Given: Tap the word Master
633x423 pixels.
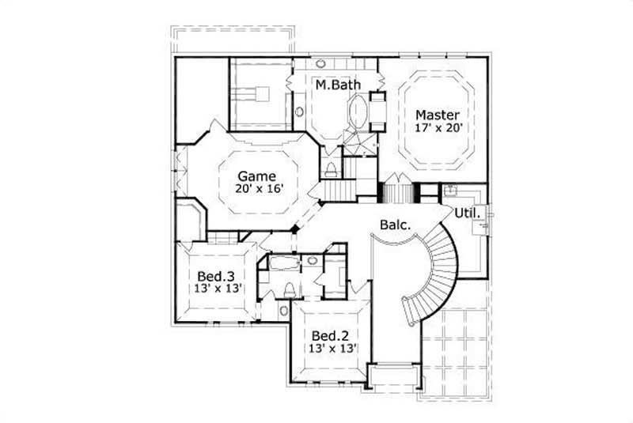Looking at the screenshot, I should click(438, 114).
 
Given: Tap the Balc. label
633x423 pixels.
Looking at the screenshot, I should click(395, 225).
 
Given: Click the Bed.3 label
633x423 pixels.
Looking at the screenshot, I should click(216, 276).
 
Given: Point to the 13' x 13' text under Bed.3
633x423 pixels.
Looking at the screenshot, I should click(216, 289).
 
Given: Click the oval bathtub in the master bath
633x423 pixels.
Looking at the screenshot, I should click(358, 113).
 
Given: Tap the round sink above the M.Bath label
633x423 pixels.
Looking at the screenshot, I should click(322, 62).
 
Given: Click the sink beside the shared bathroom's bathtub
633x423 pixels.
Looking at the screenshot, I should click(312, 260).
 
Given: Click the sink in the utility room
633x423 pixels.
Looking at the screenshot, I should click(453, 190).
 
